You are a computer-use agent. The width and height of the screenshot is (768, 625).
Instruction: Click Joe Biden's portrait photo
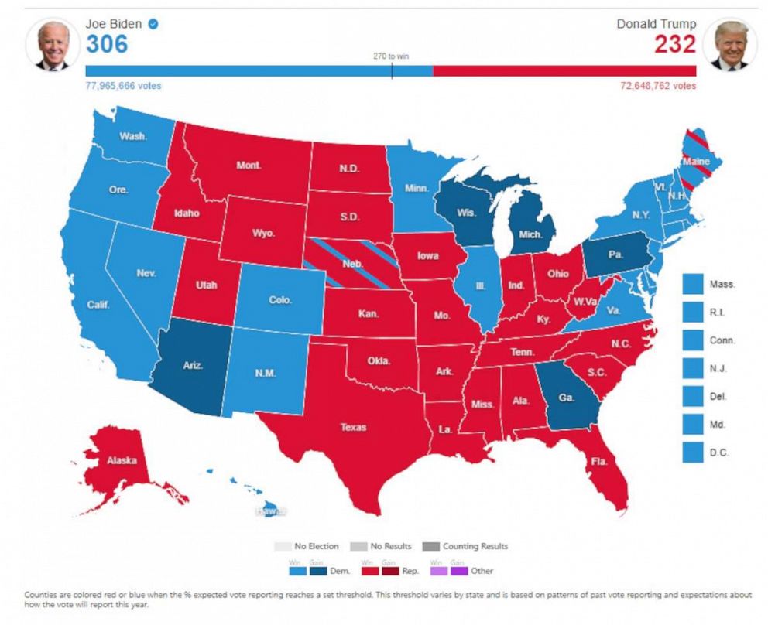tap(53, 45)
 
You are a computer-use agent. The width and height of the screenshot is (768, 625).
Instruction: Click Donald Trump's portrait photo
tap(730, 45)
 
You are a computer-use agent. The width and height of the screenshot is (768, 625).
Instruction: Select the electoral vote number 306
tap(107, 44)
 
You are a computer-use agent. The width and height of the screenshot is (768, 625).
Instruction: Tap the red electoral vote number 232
tap(674, 44)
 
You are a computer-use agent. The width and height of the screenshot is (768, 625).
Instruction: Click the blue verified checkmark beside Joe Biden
tap(153, 24)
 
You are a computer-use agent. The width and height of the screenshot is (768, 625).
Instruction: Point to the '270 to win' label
tap(391, 56)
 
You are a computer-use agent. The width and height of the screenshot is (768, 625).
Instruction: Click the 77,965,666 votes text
tap(123, 86)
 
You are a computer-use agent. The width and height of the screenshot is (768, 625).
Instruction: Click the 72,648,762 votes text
tap(658, 86)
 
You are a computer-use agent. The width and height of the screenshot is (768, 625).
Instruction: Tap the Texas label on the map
tap(353, 427)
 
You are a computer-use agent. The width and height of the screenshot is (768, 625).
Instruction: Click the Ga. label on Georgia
tap(566, 397)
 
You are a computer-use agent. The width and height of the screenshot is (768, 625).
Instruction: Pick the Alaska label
tap(122, 461)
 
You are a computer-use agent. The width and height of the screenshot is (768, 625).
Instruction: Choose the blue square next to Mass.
tap(693, 284)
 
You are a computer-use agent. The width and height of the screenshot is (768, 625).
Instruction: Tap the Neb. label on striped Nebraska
tap(353, 265)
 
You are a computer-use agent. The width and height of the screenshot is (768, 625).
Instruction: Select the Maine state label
tap(696, 161)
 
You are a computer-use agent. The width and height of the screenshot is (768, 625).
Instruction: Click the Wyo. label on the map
tap(263, 233)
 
